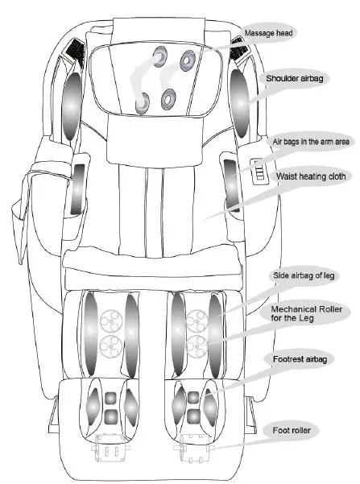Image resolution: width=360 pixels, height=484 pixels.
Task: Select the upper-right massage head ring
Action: pos(188,59)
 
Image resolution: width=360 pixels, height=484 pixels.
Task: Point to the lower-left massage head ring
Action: pos(143,102)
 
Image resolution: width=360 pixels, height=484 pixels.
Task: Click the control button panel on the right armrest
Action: pos(259,170)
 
